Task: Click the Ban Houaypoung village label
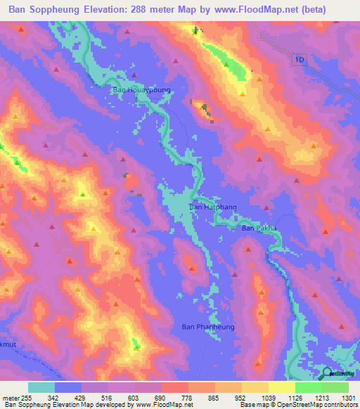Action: click(x=141, y=90)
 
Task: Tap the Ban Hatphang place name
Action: click(x=208, y=207)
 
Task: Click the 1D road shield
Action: click(x=300, y=60)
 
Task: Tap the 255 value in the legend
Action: click(x=27, y=398)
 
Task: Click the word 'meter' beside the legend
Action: click(x=11, y=398)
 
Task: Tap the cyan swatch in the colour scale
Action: click(x=41, y=387)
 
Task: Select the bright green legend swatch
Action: click(x=308, y=387)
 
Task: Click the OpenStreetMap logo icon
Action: click(x=328, y=372)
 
